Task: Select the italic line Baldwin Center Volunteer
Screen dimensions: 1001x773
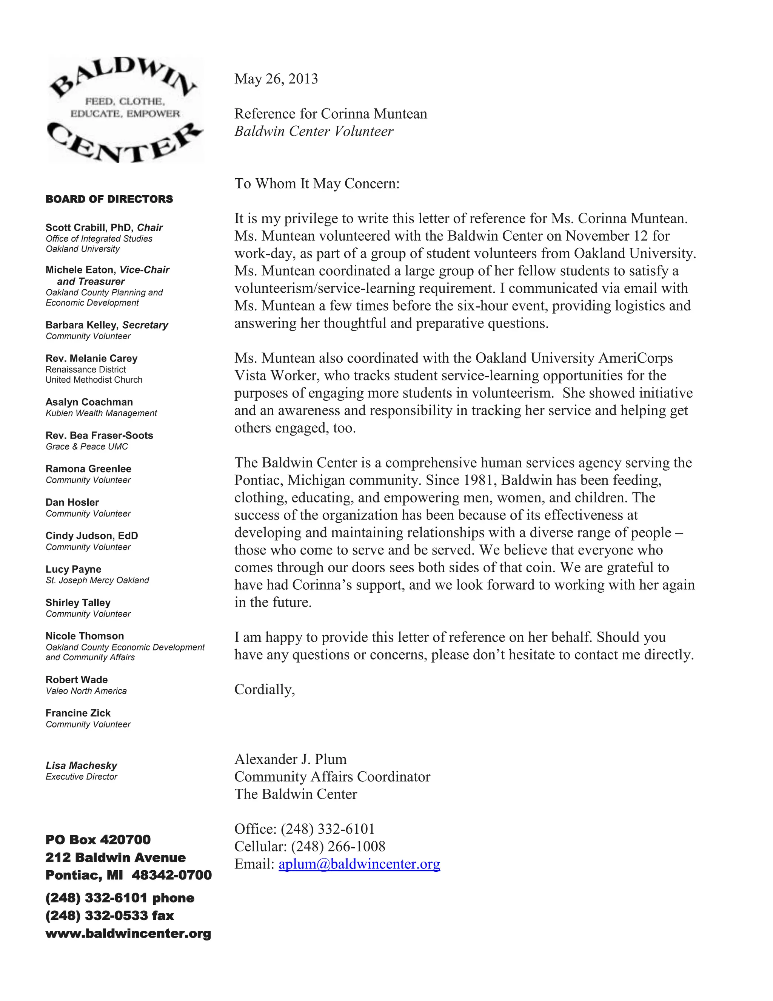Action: click(x=314, y=131)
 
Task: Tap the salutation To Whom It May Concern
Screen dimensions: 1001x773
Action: click(x=317, y=184)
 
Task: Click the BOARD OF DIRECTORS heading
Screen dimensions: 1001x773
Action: click(x=109, y=199)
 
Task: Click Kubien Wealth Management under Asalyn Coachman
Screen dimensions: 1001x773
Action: click(x=101, y=413)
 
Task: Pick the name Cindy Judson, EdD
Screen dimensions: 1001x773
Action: click(x=92, y=536)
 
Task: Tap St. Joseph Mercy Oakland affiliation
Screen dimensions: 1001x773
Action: click(x=97, y=581)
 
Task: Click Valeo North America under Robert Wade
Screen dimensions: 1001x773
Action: click(x=86, y=691)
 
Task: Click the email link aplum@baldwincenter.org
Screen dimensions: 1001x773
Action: click(x=359, y=864)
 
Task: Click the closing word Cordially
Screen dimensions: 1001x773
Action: click(x=264, y=689)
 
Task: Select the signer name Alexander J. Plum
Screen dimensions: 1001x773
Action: click(x=290, y=760)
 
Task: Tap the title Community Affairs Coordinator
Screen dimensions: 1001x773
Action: click(x=332, y=777)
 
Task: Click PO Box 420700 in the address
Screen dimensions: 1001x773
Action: click(x=98, y=840)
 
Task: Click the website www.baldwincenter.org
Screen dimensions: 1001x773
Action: click(x=128, y=934)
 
